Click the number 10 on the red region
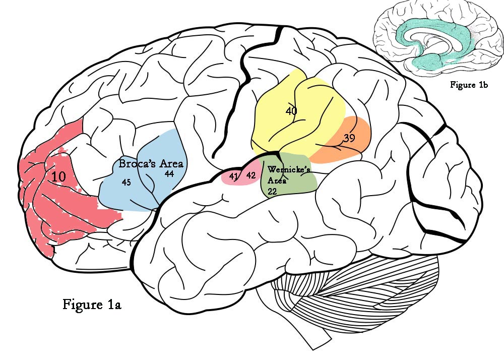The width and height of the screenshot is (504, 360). click(59, 176)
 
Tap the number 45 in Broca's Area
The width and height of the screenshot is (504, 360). click(127, 183)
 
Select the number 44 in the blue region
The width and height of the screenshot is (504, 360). click(169, 173)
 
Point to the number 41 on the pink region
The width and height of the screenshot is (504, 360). click(233, 176)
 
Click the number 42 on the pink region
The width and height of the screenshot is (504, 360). click(251, 175)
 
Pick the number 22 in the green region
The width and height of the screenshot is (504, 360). click(273, 192)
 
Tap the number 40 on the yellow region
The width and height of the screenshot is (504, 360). click(291, 111)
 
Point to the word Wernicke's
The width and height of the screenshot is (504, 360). click(289, 170)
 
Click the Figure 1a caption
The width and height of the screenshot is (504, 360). click(92, 305)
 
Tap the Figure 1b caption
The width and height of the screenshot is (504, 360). click(469, 85)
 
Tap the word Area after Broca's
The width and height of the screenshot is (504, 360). click(171, 164)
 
